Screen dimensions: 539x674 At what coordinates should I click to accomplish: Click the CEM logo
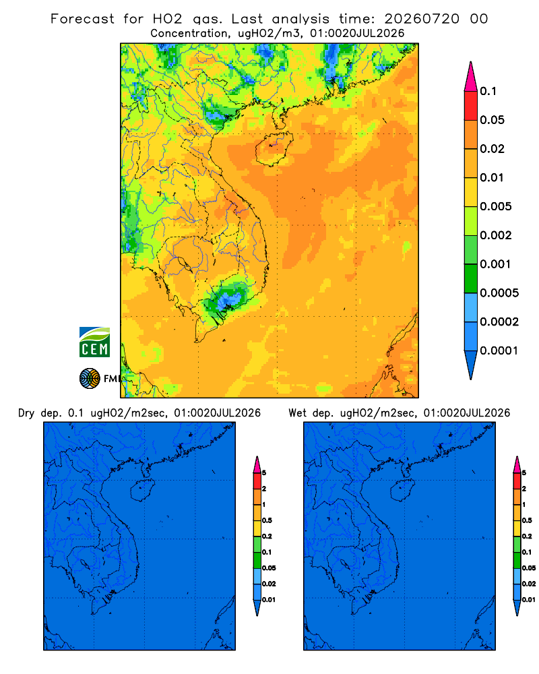tap(94, 342)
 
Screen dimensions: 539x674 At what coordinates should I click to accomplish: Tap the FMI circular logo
tap(90, 378)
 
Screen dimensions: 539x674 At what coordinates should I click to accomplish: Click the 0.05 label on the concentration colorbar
tap(492, 120)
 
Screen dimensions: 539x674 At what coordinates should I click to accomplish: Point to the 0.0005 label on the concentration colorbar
tap(499, 293)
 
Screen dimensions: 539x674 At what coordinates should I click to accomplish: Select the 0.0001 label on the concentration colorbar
tap(499, 350)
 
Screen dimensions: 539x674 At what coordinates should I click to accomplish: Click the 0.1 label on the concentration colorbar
tap(488, 91)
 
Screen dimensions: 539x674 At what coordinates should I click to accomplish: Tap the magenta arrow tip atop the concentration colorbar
tap(471, 76)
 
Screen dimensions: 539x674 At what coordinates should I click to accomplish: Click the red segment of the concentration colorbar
tap(471, 106)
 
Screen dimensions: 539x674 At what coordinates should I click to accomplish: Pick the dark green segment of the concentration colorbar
tap(471, 278)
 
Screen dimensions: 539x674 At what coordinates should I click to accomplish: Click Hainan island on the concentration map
tap(274, 149)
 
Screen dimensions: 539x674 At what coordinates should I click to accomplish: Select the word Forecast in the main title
tap(82, 19)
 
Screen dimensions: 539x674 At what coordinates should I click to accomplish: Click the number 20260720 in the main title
tap(422, 19)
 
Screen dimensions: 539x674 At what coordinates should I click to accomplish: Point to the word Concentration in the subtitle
tap(189, 34)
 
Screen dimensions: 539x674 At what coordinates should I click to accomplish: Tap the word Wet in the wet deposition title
tap(297, 413)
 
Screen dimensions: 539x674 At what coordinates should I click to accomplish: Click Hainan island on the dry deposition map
tap(142, 491)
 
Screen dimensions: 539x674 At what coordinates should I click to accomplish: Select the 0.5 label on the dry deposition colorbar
tap(267, 520)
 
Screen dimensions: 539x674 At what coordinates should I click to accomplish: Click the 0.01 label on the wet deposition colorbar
tap(529, 600)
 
